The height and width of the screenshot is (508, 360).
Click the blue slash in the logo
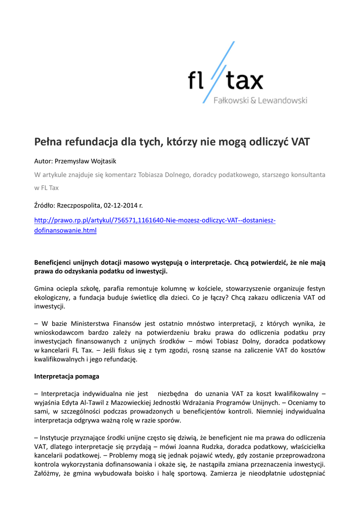click(x=218, y=72)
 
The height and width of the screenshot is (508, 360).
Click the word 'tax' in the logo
click(x=245, y=80)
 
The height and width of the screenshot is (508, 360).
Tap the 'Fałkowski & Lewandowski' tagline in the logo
click(x=260, y=101)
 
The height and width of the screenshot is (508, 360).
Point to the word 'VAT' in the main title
click(x=300, y=142)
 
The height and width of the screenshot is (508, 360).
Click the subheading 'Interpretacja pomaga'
click(x=67, y=376)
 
